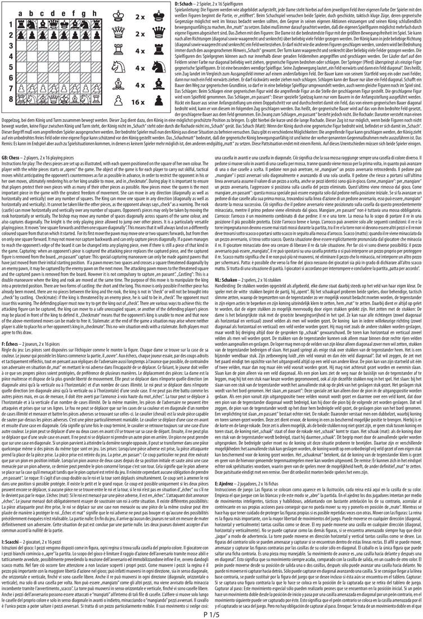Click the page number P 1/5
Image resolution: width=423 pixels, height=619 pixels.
click(x=211, y=612)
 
